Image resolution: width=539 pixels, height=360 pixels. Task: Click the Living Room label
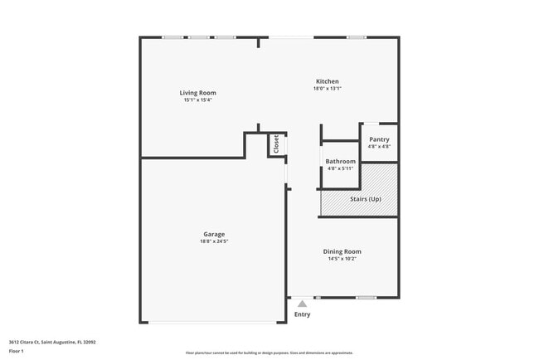pos(198,93)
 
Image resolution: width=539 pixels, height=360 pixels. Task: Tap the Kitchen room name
pos(328,81)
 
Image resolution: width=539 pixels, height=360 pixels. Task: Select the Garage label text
pos(214,234)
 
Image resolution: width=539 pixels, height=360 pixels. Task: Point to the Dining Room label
pos(342,251)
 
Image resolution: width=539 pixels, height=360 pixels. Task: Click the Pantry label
pos(379,139)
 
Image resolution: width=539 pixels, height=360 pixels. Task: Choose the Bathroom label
pos(340,161)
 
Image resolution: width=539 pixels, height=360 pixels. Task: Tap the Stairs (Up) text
pos(365,199)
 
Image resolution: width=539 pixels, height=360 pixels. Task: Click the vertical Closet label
pos(276,145)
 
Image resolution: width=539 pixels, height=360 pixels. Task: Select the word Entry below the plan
pos(302,314)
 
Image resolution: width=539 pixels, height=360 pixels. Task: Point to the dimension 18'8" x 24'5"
pos(214,241)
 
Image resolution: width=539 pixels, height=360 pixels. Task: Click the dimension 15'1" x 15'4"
pos(198,100)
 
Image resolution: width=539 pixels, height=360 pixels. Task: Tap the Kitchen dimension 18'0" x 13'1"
pos(328,89)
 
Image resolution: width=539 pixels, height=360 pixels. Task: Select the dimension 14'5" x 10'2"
pos(342,259)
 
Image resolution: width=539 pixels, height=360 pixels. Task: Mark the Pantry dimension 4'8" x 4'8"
pos(379,147)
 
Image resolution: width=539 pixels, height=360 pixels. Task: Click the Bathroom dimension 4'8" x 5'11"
pos(340,168)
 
